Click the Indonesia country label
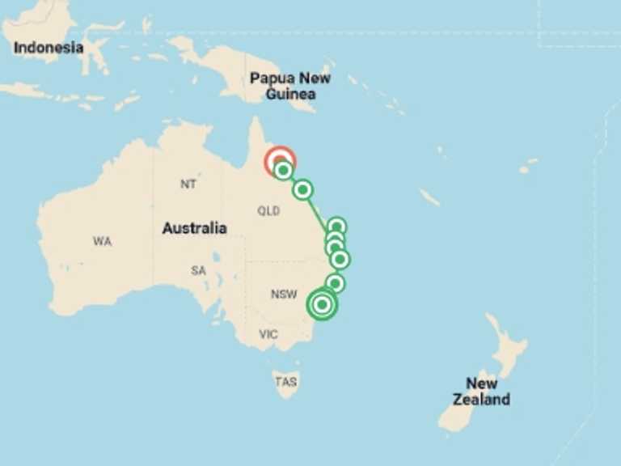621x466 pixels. coord(49,48)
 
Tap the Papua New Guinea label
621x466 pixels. coord(289,86)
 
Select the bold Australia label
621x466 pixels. coord(194,228)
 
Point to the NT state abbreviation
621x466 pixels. coord(188,184)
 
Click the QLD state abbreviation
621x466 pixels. coord(268,211)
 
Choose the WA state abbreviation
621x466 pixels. coord(102,241)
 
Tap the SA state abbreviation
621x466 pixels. coord(198,270)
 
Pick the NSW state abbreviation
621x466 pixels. coord(284,294)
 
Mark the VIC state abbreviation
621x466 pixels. coord(268,334)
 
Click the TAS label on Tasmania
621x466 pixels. coord(285,382)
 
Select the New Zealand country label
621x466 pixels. coord(481,391)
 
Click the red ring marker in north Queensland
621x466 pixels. coord(280,160)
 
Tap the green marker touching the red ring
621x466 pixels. coord(283,171)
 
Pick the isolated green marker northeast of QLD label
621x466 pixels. coord(302,190)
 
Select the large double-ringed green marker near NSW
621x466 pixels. coord(322,305)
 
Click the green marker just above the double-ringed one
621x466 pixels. coord(336,284)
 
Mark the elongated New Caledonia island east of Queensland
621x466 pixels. coord(430,197)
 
